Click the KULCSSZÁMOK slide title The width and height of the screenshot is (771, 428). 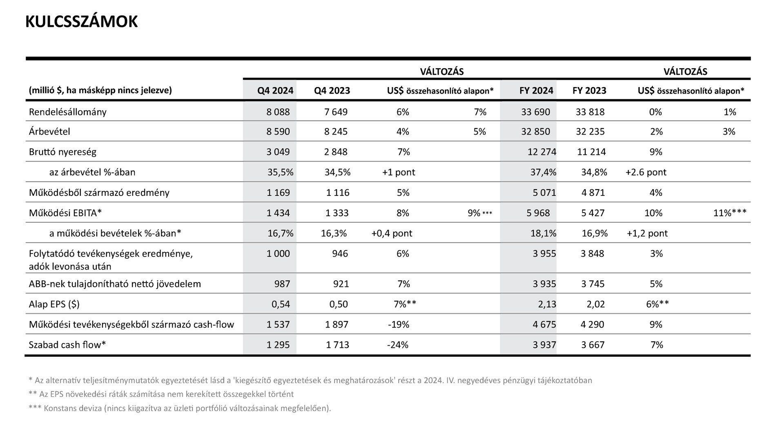(x=82, y=22)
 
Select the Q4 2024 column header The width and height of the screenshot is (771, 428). (x=275, y=91)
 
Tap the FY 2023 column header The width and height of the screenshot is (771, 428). (x=589, y=91)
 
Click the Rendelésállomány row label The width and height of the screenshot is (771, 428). (x=68, y=112)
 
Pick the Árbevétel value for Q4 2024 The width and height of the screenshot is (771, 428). (x=278, y=132)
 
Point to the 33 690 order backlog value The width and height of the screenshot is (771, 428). (x=535, y=112)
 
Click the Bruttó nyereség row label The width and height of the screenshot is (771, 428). (x=62, y=152)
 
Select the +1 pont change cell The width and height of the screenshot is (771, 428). (x=399, y=172)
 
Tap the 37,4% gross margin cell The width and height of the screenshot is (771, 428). (x=543, y=172)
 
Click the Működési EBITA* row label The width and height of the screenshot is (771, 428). (x=65, y=213)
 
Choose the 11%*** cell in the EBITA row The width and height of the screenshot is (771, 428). (x=730, y=213)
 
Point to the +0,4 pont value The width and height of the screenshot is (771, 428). (x=392, y=233)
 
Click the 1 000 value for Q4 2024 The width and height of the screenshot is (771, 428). (x=278, y=254)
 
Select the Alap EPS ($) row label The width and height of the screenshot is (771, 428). (x=54, y=305)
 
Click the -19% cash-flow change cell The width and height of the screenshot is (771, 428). (x=398, y=325)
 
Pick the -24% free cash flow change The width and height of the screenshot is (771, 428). (x=398, y=345)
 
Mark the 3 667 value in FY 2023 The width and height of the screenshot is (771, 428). (x=593, y=345)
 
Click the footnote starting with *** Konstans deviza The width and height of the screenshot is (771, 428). (x=180, y=408)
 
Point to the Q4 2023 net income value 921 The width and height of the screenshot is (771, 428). (x=341, y=284)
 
